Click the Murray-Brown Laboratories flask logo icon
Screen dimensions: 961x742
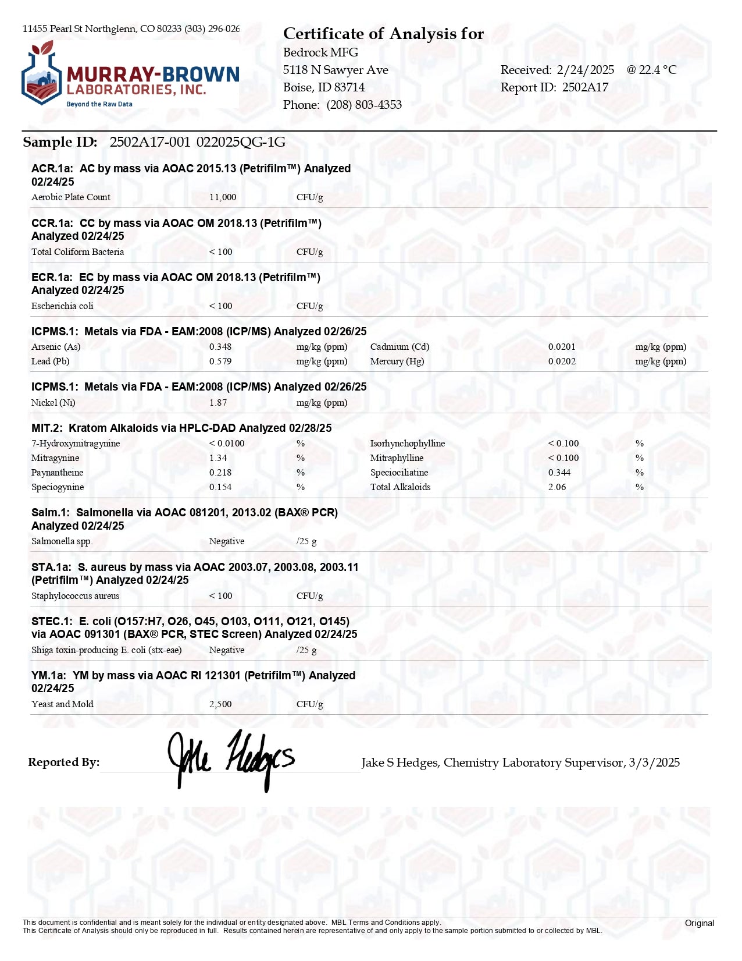click(x=41, y=74)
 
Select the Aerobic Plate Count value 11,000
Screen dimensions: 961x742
click(x=223, y=197)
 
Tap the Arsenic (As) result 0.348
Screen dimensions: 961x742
click(x=220, y=347)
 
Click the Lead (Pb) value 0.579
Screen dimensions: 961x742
click(x=220, y=361)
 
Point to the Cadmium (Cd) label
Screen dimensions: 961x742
click(x=399, y=347)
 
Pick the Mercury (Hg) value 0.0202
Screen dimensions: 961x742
click(x=562, y=361)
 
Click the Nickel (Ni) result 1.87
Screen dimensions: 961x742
click(x=218, y=403)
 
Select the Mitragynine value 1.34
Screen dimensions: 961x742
click(x=218, y=458)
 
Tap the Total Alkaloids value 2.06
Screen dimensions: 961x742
click(x=557, y=487)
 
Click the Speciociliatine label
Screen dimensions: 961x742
click(x=399, y=473)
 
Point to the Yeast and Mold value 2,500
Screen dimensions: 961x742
click(x=220, y=704)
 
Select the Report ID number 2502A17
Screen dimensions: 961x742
click(x=585, y=87)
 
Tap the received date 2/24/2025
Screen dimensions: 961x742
click(x=585, y=70)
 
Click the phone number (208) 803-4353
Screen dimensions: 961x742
click(x=364, y=105)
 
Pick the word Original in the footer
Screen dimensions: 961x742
click(x=699, y=923)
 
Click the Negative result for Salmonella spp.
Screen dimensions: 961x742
click(x=227, y=541)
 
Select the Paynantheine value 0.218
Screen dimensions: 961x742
click(x=220, y=473)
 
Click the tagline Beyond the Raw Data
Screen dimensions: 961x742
click(x=99, y=104)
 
